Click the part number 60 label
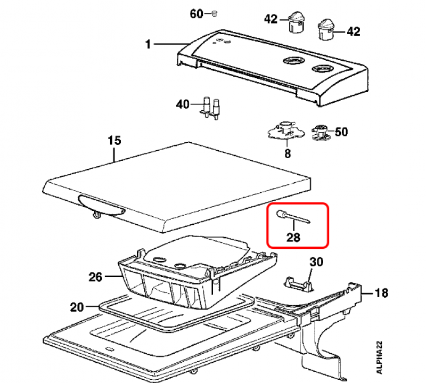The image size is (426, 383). point(196,14)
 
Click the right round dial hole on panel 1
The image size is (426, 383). point(321,68)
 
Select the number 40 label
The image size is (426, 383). point(183,104)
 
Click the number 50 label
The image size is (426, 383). point(341,131)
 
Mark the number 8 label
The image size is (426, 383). point(288,154)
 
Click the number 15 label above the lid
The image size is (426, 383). point(114,141)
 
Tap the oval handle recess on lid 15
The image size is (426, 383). point(102,205)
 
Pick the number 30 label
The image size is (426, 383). point(316,262)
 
